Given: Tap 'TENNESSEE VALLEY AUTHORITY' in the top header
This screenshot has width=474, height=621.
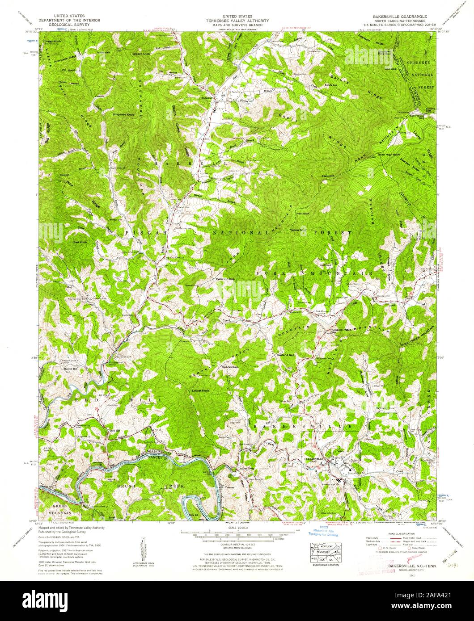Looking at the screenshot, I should coord(237,21).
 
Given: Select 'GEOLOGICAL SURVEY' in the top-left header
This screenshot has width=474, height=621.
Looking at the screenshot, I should coord(69,25).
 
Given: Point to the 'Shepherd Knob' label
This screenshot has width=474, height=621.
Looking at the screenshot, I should coord(124,115).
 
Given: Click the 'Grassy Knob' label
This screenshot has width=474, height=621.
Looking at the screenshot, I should coord(140,54).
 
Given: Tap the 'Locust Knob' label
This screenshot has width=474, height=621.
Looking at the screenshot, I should coord(201,390).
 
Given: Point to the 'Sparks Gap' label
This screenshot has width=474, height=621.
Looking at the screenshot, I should coord(230,366).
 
